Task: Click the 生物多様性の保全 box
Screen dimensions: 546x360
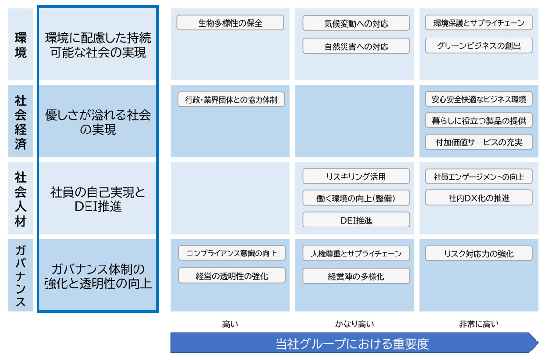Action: [x=230, y=23]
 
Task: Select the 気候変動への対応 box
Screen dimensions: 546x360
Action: [x=356, y=23]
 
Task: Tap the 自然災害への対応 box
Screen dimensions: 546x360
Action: [x=356, y=46]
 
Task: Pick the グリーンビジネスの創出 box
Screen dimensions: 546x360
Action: [x=479, y=46]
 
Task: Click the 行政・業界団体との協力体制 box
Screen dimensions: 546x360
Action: [x=231, y=100]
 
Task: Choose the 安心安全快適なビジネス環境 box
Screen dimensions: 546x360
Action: [x=479, y=100]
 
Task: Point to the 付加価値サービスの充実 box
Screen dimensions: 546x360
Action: [x=479, y=142]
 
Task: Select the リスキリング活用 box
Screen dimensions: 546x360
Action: [x=356, y=176]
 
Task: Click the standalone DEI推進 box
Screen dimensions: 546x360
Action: [x=356, y=220]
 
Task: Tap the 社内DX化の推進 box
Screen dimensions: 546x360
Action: [x=479, y=198]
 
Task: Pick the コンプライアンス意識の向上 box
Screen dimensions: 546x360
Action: [x=231, y=253]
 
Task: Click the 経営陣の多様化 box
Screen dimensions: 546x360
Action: [x=356, y=276]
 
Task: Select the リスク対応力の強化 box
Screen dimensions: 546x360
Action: [x=479, y=253]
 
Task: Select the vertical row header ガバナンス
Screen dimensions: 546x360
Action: [x=20, y=275]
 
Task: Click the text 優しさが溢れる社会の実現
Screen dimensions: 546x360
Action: [x=97, y=122]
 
